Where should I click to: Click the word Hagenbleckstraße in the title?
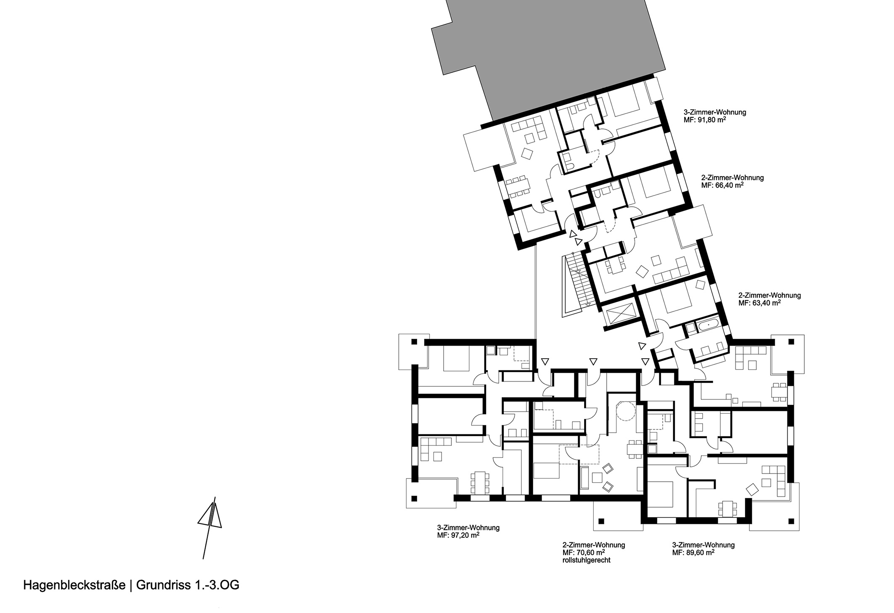click(x=74, y=586)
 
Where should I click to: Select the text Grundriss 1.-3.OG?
click(x=188, y=586)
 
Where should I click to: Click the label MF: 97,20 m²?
click(x=458, y=535)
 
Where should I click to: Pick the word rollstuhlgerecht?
click(x=586, y=560)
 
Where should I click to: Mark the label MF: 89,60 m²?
click(x=693, y=552)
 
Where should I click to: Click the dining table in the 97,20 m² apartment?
click(x=480, y=483)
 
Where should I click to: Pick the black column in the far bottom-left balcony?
click(x=414, y=499)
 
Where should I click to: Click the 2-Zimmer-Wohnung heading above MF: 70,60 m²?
click(x=593, y=545)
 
